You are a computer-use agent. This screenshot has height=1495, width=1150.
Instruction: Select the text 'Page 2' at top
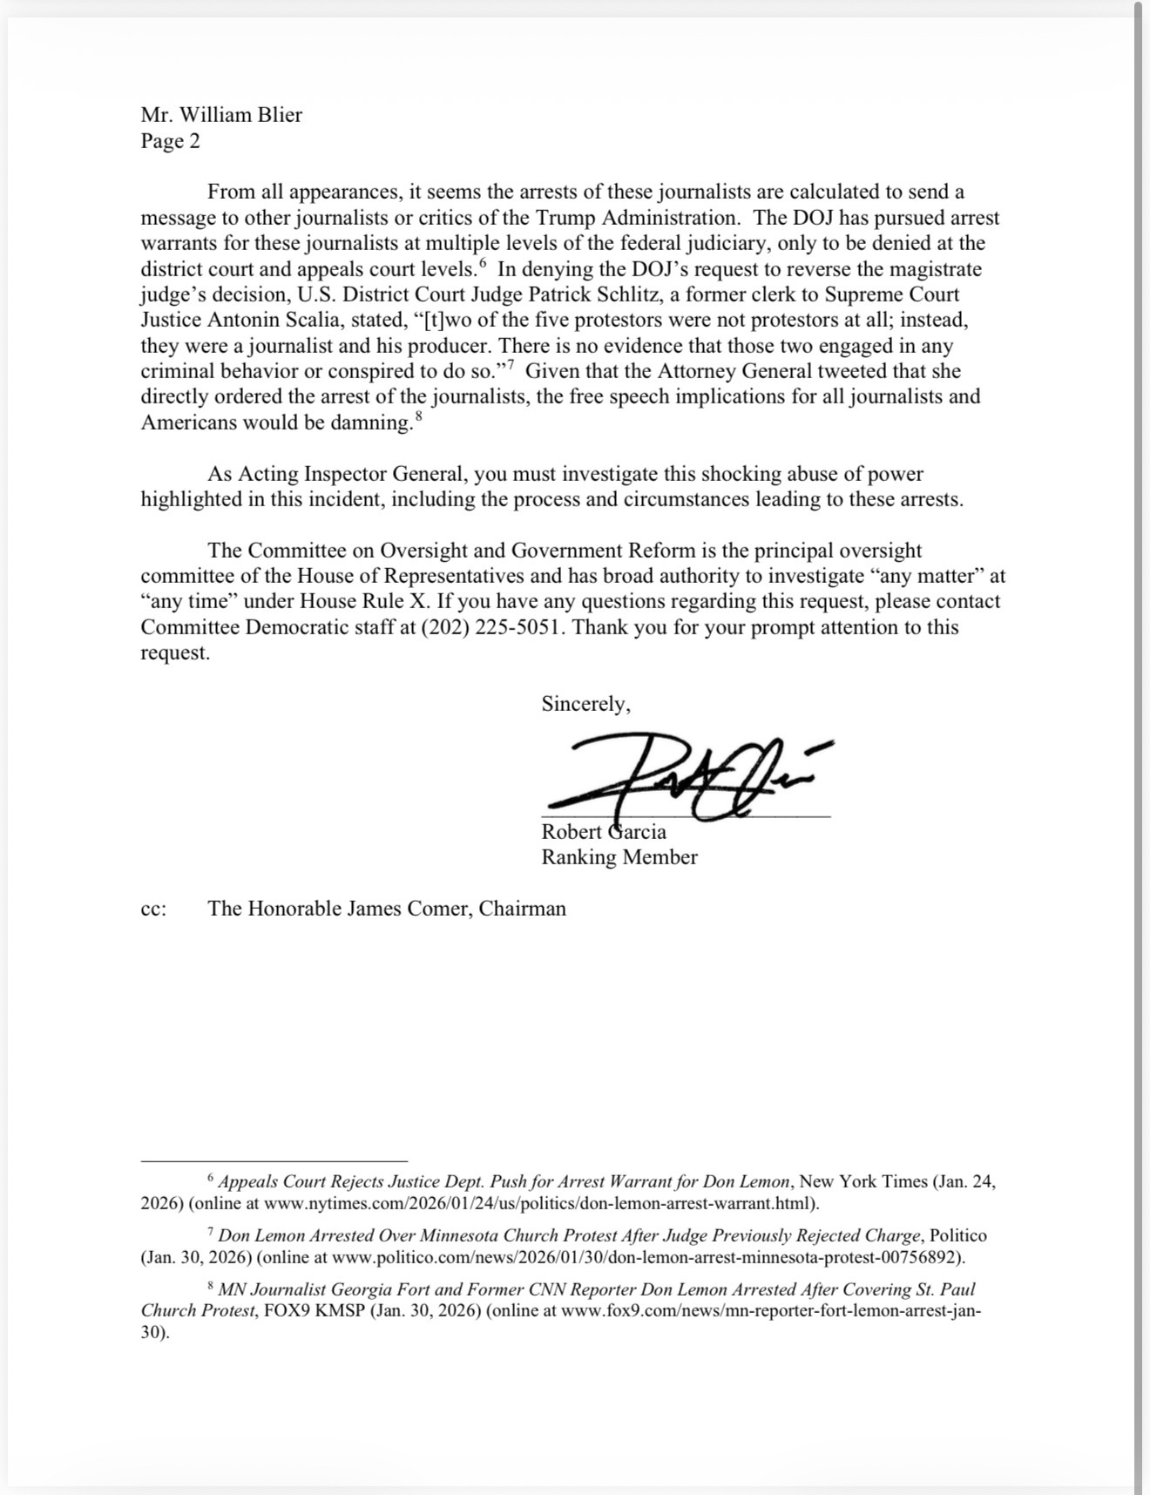point(171,141)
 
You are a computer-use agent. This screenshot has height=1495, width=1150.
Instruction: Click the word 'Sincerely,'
point(585,704)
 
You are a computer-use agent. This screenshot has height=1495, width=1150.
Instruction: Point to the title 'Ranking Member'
point(619,857)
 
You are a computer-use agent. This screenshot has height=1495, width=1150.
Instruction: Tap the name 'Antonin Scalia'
point(277,320)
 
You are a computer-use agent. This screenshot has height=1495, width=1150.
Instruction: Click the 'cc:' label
point(153,909)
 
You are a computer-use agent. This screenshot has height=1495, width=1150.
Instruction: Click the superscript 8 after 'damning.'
point(419,418)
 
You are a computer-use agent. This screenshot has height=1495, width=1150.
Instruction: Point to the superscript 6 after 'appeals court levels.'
point(482,264)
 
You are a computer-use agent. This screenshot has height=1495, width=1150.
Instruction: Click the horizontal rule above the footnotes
point(274,1161)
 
